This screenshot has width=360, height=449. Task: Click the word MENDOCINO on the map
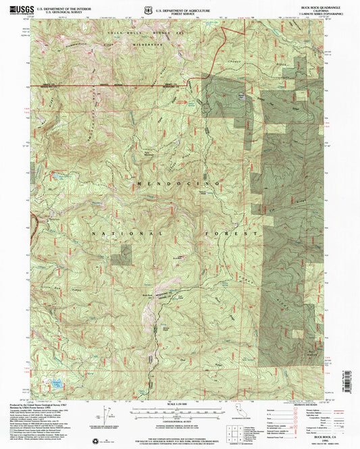click(179, 183)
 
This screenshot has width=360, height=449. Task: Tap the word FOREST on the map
click(236, 233)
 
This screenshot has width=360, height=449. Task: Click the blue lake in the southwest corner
click(49, 388)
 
